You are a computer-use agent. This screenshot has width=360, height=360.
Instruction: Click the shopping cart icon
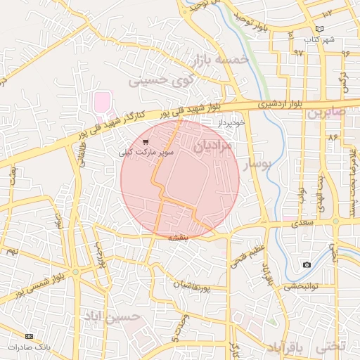[145, 141]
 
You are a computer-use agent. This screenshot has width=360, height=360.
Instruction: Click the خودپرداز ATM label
[230, 122]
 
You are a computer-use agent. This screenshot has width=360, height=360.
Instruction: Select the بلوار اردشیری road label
[281, 104]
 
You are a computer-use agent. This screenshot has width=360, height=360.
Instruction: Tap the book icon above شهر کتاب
[320, 29]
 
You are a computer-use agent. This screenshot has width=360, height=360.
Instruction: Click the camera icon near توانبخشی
[307, 264]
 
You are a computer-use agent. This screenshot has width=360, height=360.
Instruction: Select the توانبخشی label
[302, 286]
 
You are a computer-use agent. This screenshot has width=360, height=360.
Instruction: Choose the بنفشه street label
[178, 238]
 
